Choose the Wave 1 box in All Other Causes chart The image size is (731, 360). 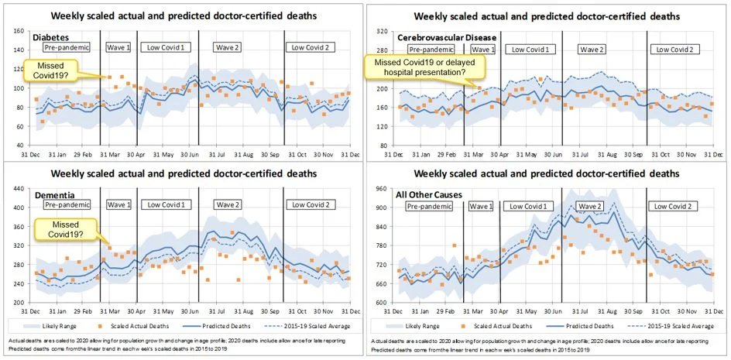click(x=480, y=207)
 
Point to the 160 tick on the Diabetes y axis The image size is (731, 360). click(x=19, y=31)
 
